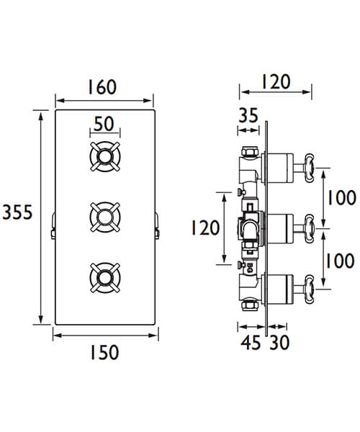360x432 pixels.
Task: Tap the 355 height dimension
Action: point(17,213)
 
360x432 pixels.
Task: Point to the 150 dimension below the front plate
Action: point(105,353)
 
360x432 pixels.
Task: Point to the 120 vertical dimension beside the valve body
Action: point(204,228)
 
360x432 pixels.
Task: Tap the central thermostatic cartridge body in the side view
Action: point(248,229)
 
